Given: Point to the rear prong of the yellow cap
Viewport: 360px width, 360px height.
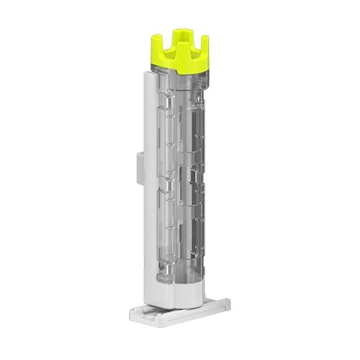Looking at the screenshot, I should [179, 35].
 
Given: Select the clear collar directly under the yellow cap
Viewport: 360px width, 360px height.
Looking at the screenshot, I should [180, 81].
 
